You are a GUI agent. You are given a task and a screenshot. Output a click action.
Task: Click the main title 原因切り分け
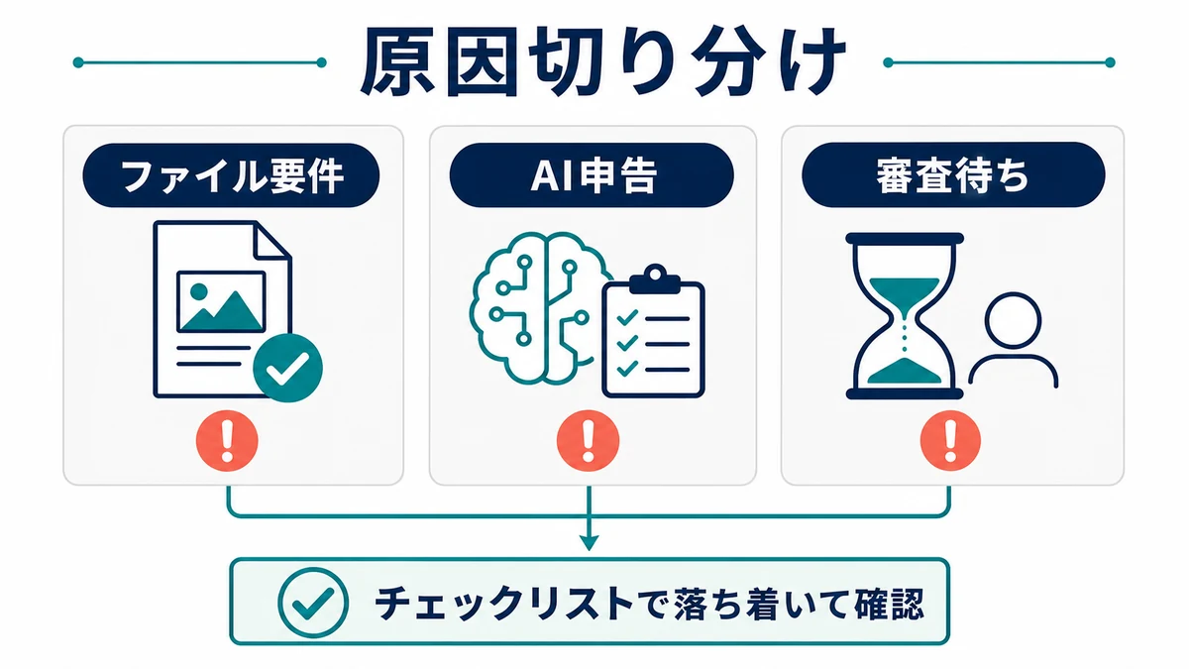click(x=602, y=62)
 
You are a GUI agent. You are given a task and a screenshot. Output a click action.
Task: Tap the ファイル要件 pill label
click(x=231, y=175)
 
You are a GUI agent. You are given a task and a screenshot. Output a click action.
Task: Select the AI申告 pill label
click(x=592, y=175)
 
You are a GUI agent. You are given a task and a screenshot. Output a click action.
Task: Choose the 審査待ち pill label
click(x=953, y=174)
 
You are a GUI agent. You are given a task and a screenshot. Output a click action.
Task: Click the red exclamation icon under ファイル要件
click(x=227, y=441)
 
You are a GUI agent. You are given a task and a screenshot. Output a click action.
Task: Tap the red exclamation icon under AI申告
click(x=589, y=441)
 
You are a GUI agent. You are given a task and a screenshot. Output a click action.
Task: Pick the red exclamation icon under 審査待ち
click(x=950, y=441)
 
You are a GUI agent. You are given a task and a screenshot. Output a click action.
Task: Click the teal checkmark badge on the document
click(x=287, y=368)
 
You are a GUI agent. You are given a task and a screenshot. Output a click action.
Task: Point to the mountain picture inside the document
click(x=221, y=302)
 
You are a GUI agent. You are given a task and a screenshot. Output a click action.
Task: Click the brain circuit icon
click(x=539, y=308)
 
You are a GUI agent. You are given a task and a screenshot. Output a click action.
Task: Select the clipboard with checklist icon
click(x=653, y=331)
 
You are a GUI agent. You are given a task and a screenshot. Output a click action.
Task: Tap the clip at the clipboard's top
click(x=655, y=279)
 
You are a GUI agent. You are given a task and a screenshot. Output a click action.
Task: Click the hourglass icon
click(x=905, y=316)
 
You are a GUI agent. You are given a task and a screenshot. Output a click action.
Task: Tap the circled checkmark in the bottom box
click(x=313, y=603)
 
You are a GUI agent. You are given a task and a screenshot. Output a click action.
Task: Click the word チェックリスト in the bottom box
click(x=504, y=604)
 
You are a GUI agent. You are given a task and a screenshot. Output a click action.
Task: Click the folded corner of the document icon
click(x=272, y=241)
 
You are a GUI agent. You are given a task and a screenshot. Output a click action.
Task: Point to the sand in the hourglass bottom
click(x=905, y=371)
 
